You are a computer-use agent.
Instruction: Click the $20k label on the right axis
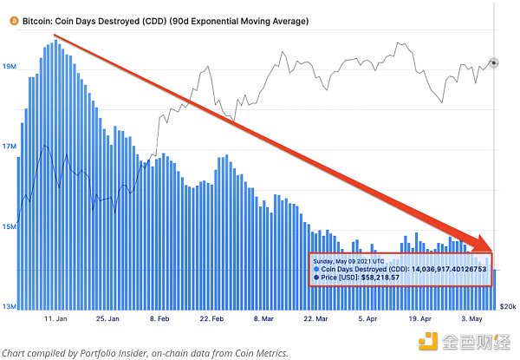[508, 307]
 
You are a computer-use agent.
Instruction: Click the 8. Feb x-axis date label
[162, 319]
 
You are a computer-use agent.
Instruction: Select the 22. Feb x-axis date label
[215, 319]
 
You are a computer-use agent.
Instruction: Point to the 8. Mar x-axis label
[268, 319]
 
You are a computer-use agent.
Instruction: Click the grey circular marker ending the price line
[493, 62]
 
